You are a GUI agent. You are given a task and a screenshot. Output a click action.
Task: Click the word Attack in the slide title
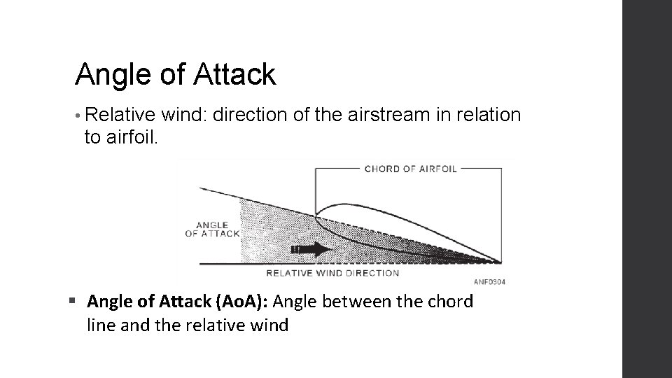coord(237,74)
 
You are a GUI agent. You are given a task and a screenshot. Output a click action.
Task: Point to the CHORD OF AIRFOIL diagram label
coord(410,169)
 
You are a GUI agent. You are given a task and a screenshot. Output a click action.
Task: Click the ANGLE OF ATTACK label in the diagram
coord(211,229)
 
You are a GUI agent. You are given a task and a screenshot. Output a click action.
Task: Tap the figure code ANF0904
coord(489,282)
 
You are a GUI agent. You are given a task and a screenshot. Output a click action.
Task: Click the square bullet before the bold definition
coord(73,302)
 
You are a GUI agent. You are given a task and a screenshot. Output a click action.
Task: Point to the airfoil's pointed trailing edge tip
coord(500,262)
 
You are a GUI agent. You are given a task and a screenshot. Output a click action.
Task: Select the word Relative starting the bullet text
coord(115,115)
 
